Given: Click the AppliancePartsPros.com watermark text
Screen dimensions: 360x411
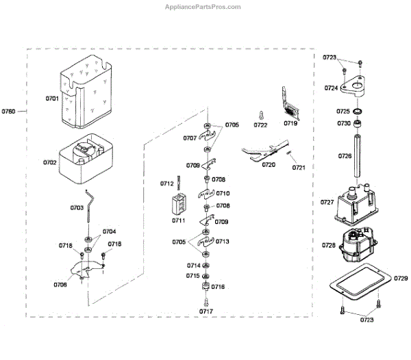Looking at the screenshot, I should coord(204,7).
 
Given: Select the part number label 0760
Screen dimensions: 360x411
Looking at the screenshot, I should coord(9,110).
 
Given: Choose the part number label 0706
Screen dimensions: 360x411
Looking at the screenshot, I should coord(59,284).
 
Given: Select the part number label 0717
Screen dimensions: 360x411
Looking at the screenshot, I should coord(206,311).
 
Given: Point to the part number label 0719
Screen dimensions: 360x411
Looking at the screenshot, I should coord(290,125).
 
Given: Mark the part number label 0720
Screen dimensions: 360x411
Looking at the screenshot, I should coord(269,165).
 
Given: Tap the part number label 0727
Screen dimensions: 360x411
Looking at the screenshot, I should coord(327,203).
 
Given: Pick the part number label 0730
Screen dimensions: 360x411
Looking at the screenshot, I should coord(343,124).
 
